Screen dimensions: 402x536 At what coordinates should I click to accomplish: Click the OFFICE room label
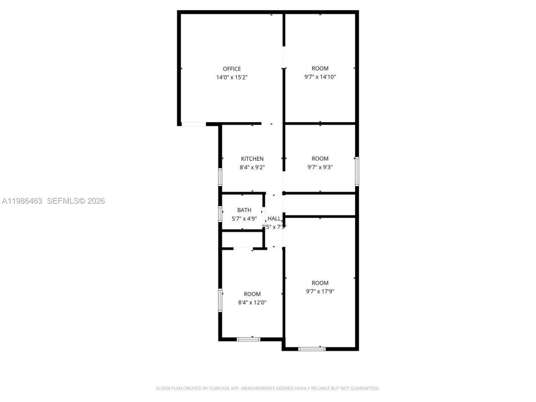pos(232,69)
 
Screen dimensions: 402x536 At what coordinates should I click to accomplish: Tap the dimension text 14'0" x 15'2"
pos(232,77)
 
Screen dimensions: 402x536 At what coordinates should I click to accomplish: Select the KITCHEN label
pos(252,159)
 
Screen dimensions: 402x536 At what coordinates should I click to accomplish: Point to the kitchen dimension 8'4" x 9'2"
pos(252,167)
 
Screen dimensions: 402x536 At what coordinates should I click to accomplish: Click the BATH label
pos(244,210)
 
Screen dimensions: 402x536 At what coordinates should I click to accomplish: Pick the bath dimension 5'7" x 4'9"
pos(244,218)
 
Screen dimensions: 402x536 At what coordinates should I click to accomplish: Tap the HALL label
pos(274,218)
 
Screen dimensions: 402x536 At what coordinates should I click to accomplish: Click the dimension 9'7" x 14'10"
pos(320,77)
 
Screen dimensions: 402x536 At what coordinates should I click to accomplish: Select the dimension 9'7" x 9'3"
pos(320,167)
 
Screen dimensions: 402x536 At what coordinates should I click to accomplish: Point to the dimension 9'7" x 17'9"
pos(320,291)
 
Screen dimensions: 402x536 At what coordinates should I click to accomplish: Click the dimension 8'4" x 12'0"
pos(252,302)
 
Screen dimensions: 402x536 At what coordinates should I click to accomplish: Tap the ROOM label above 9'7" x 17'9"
pos(320,283)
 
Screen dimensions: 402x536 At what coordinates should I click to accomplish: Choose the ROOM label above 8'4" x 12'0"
pos(252,294)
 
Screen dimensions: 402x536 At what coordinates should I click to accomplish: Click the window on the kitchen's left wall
pos(220,177)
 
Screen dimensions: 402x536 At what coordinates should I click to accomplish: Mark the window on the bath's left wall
pos(220,214)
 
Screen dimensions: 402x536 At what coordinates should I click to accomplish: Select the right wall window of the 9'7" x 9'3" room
pos(357,171)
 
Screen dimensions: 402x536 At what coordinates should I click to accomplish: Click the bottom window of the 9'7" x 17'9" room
pos(312,348)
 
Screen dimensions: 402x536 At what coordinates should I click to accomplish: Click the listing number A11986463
pos(22,201)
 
